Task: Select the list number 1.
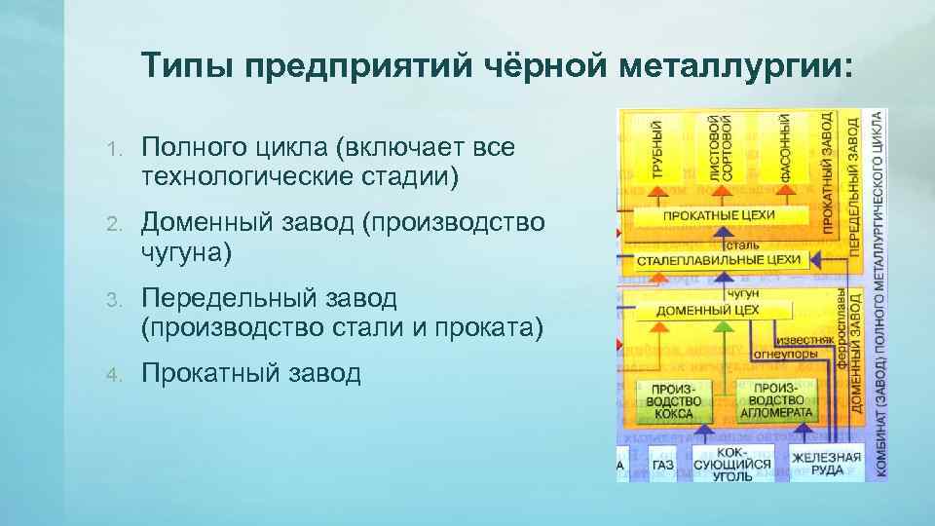tap(113, 149)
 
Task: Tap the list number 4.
tap(113, 372)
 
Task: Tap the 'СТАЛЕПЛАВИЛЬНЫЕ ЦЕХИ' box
tap(720, 260)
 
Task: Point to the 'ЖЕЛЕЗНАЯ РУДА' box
tap(826, 463)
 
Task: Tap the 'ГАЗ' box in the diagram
tap(663, 466)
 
